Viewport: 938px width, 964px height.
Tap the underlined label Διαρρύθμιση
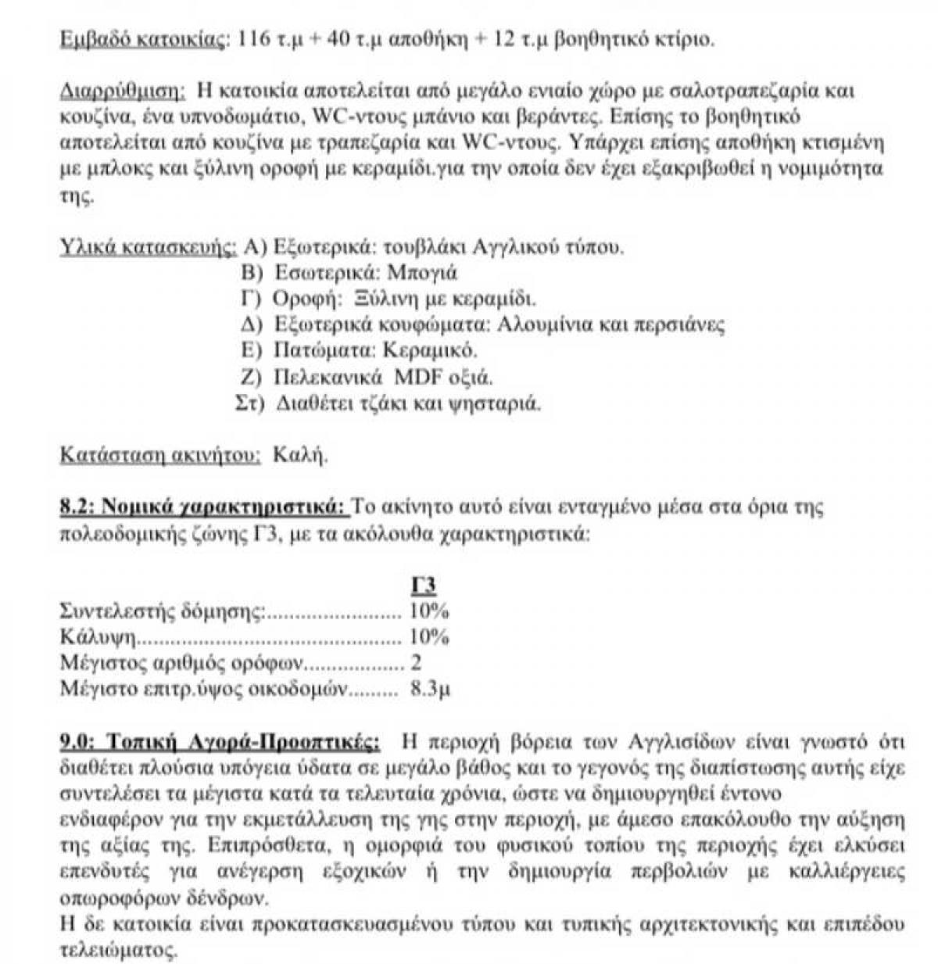coord(123,91)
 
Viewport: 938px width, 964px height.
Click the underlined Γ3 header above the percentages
coord(423,586)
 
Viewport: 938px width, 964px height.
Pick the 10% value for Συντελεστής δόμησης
coord(429,611)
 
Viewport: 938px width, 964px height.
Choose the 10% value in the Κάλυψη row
coord(429,637)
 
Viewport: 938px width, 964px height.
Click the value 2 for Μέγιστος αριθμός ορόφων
coord(416,663)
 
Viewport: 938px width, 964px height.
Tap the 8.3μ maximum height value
coord(430,690)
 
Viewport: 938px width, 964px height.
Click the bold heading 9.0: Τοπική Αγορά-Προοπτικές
coord(221,740)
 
